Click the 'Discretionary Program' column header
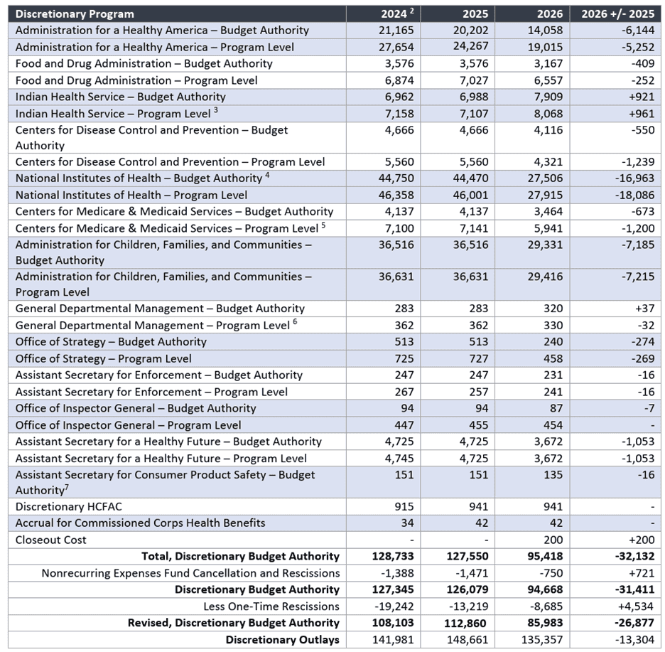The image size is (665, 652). pyautogui.click(x=75, y=14)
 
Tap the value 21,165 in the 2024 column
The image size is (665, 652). pyautogui.click(x=396, y=30)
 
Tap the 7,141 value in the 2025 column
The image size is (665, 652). pyautogui.click(x=471, y=228)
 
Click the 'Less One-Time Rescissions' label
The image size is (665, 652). pyautogui.click(x=271, y=606)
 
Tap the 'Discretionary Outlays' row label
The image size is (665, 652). pyautogui.click(x=282, y=640)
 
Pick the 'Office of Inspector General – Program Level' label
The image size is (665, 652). pyautogui.click(x=128, y=425)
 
